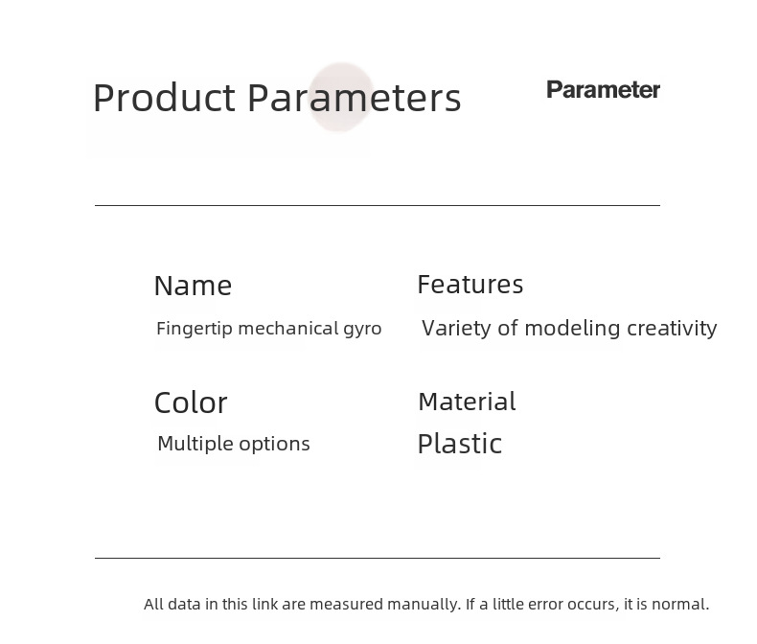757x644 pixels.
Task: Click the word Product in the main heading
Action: pyautogui.click(x=164, y=98)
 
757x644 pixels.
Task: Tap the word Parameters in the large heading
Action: pyautogui.click(x=355, y=98)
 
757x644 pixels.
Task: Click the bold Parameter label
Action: pyautogui.click(x=603, y=90)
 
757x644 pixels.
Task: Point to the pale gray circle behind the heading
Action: pyautogui.click(x=341, y=97)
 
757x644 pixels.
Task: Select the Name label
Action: pyautogui.click(x=194, y=286)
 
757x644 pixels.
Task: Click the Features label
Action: pyautogui.click(x=470, y=284)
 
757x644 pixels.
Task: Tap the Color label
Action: pyautogui.click(x=191, y=402)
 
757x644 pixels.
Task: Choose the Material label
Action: pyautogui.click(x=468, y=402)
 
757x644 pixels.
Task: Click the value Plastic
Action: pyautogui.click(x=460, y=444)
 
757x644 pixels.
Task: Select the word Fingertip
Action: pyautogui.click(x=195, y=329)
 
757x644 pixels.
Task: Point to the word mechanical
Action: pyautogui.click(x=288, y=329)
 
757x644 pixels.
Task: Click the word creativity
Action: pyautogui.click(x=672, y=329)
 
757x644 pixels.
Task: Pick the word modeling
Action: pyautogui.click(x=573, y=330)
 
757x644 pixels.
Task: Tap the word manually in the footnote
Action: pyautogui.click(x=424, y=605)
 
